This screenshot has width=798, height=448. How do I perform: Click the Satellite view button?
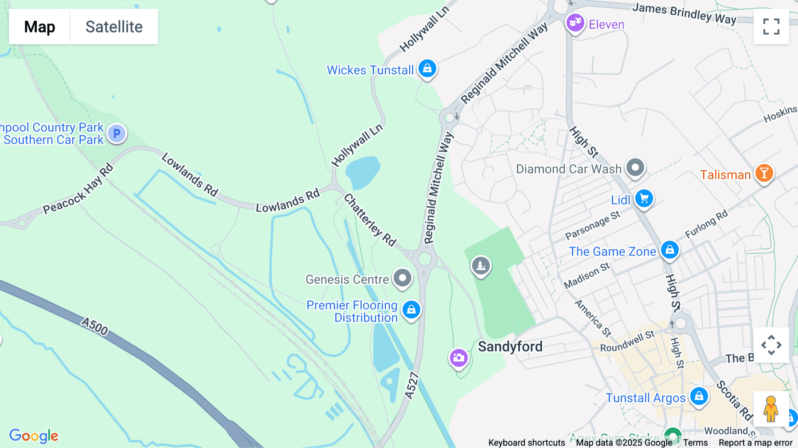[x=114, y=27]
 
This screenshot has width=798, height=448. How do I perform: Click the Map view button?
[x=39, y=27]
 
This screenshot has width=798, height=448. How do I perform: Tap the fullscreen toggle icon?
[x=771, y=27]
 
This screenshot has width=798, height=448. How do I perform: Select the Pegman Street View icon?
[x=771, y=409]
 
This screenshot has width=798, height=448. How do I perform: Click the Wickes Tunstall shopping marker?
[x=427, y=69]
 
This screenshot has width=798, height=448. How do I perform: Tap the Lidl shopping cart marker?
[x=644, y=198]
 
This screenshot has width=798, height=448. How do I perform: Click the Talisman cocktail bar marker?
[x=764, y=173]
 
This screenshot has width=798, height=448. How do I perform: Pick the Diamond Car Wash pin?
[x=635, y=168]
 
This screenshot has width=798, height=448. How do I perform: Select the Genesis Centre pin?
[x=403, y=278]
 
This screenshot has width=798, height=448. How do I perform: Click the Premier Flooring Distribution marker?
[x=411, y=309]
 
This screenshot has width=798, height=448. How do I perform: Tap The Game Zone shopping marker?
[x=670, y=250]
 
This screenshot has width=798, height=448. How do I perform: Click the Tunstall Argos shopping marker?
[x=699, y=396]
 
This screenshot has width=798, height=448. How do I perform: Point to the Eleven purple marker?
[x=575, y=22]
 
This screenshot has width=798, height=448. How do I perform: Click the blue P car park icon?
[x=117, y=133]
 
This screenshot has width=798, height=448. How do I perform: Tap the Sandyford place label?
[x=510, y=346]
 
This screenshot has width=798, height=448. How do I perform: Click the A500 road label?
[x=95, y=326]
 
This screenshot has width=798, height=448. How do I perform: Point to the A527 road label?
[x=412, y=386]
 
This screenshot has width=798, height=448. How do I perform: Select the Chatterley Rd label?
[x=370, y=220]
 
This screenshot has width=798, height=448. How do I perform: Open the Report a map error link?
[x=755, y=443]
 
